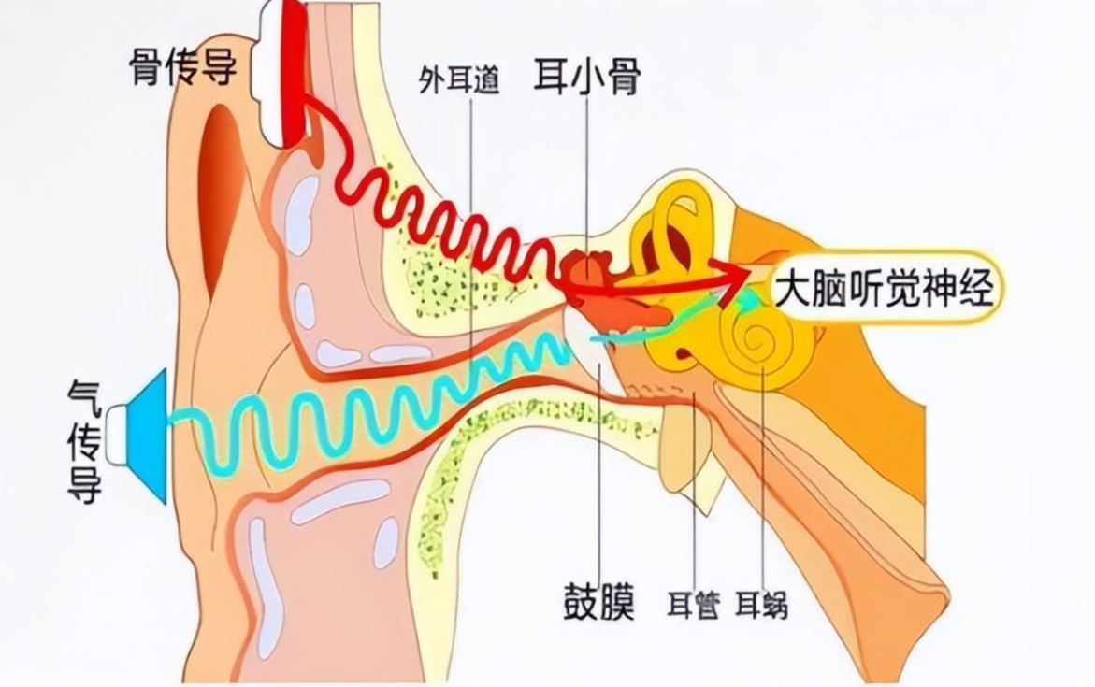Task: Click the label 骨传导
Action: click(x=182, y=67)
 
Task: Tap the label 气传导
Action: click(x=85, y=439)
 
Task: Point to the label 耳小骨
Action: click(x=586, y=77)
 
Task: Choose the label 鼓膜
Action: click(x=599, y=601)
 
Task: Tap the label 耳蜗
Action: click(x=761, y=603)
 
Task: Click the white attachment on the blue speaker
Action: click(x=117, y=435)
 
